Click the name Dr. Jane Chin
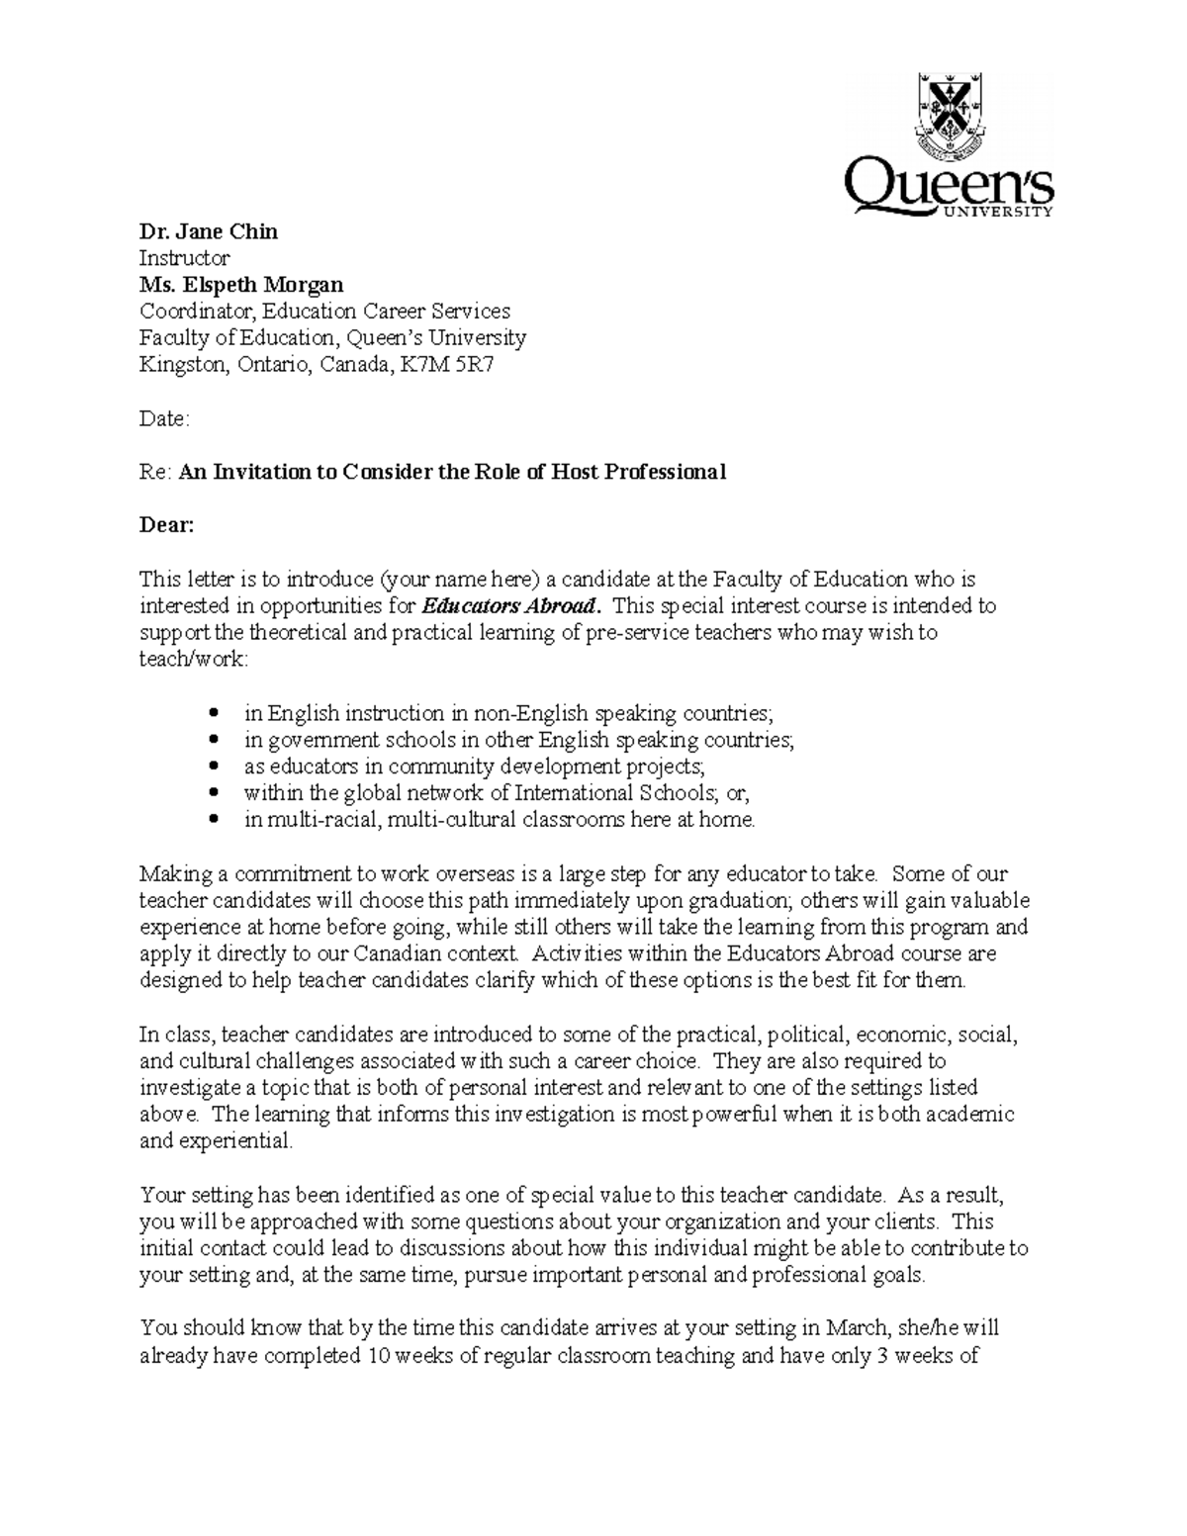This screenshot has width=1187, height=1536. [208, 231]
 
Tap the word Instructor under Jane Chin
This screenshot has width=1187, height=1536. [184, 258]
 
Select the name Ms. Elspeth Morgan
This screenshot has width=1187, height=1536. [241, 285]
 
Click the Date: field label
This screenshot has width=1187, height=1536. [163, 418]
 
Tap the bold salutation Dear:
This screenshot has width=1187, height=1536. [166, 525]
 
